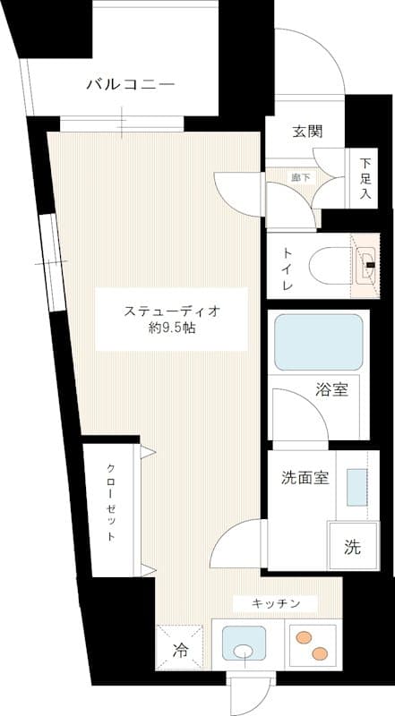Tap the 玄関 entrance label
pyautogui.click(x=307, y=131)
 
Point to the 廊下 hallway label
pyautogui.click(x=301, y=177)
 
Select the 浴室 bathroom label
pyautogui.click(x=331, y=389)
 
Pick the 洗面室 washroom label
pyautogui.click(x=300, y=477)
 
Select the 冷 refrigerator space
pyautogui.click(x=180, y=651)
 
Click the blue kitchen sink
pyautogui.click(x=243, y=644)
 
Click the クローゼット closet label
pyautogui.click(x=110, y=503)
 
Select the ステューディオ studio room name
pyautogui.click(x=172, y=311)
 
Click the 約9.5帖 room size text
pyautogui.click(x=172, y=328)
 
